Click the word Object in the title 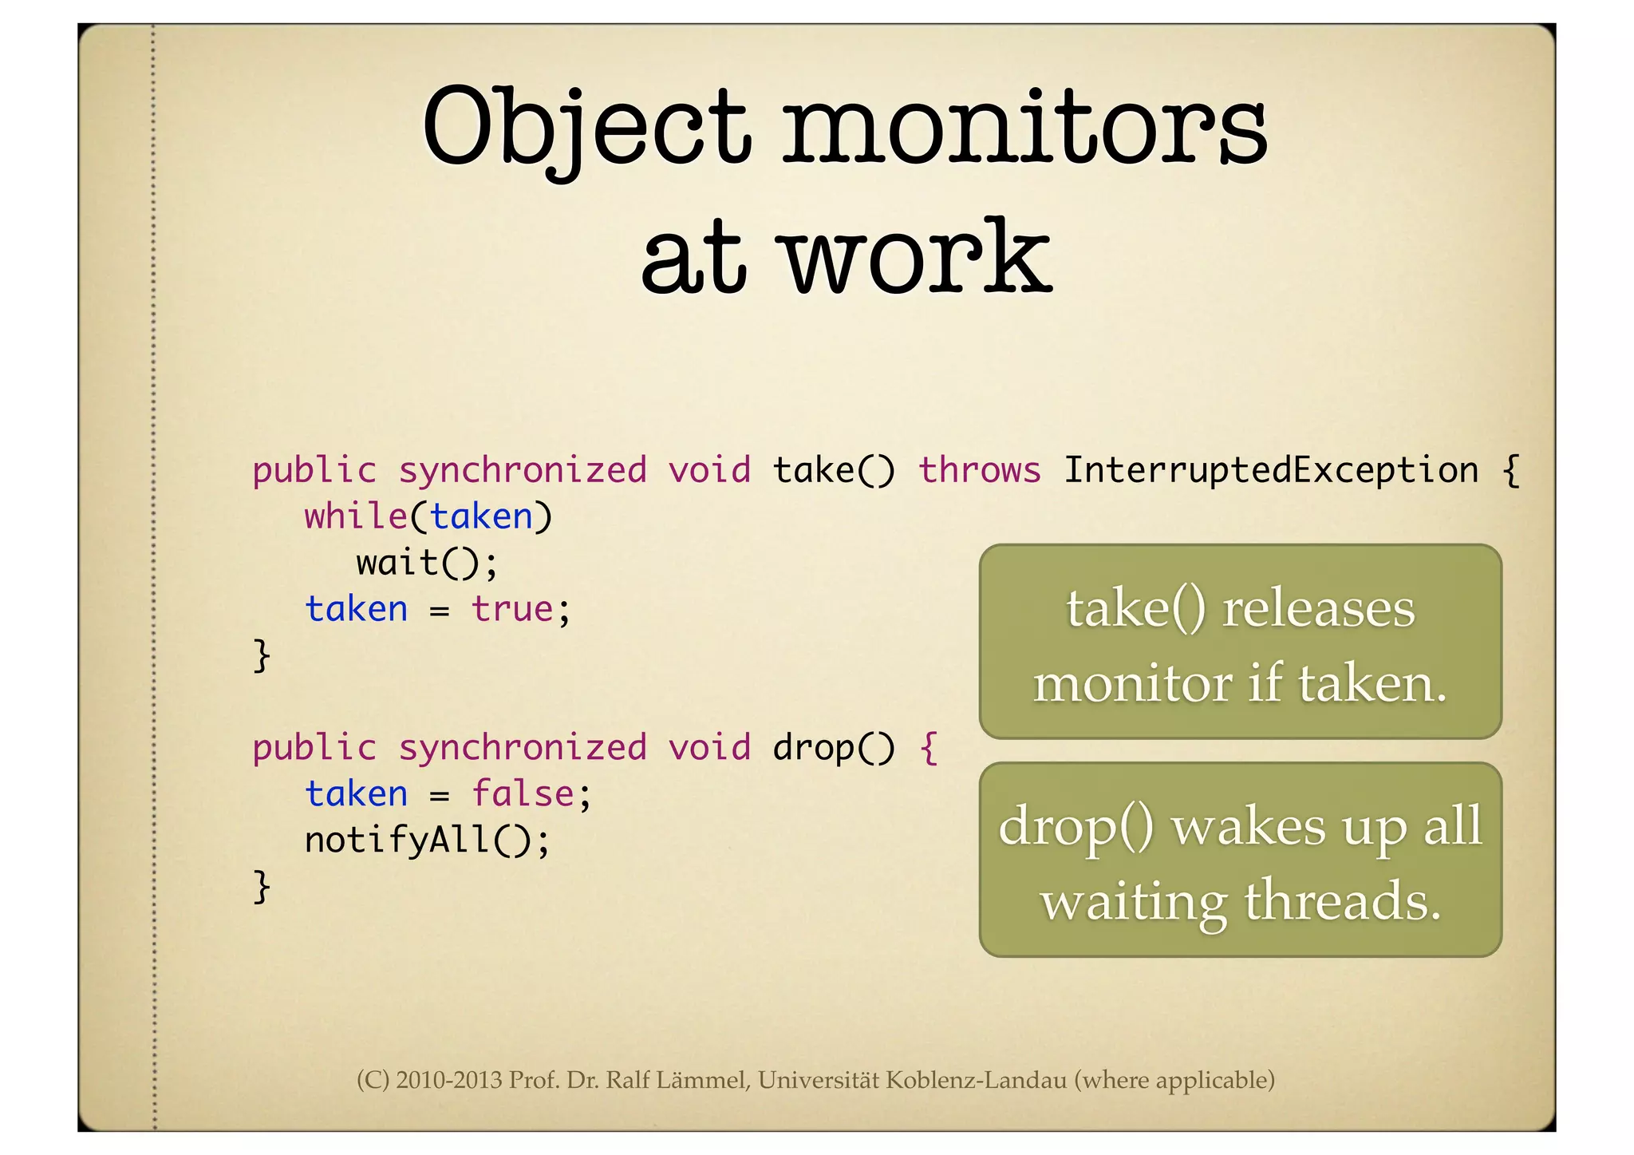click(586, 128)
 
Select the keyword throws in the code click(980, 469)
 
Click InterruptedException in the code click(1271, 469)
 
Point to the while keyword click(356, 516)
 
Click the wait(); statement click(427, 563)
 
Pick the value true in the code click(512, 609)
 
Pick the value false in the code click(523, 794)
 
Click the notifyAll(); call click(427, 841)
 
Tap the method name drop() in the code click(834, 748)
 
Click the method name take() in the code click(834, 469)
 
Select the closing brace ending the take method click(262, 656)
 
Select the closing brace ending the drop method click(262, 887)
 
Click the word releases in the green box click(1318, 609)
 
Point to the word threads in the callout click(1342, 901)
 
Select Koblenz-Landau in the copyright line click(976, 1080)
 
